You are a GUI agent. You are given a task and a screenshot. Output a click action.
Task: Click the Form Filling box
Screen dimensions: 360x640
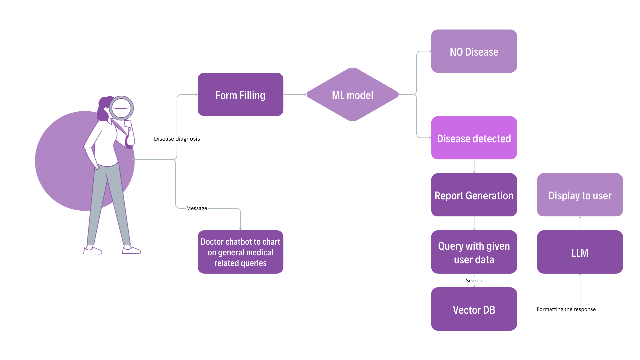[240, 95]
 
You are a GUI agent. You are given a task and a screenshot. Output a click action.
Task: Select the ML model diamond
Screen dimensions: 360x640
[352, 95]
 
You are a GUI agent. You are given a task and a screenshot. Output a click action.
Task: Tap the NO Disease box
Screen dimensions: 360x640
[474, 51]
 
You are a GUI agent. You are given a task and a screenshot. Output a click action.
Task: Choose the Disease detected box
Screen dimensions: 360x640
[474, 138]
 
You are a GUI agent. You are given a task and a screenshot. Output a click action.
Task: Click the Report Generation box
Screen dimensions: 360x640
[474, 195]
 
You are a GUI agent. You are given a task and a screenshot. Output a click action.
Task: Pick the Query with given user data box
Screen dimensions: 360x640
[474, 252]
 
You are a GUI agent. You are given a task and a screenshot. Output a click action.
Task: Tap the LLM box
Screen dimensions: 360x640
[580, 252]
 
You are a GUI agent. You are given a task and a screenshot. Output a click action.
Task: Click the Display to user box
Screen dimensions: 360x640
[580, 195]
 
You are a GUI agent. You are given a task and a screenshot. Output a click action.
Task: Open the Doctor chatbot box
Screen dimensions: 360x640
[240, 252]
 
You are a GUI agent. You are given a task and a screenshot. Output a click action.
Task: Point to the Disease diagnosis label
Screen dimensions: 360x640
[177, 139]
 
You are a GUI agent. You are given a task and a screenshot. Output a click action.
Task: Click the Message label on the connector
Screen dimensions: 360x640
[197, 208]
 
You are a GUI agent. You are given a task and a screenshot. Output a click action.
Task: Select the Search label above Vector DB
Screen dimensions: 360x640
[474, 281]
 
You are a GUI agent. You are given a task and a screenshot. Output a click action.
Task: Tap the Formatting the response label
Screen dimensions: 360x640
[566, 309]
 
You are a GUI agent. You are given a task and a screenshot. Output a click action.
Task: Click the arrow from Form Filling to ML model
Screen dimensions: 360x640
[295, 95]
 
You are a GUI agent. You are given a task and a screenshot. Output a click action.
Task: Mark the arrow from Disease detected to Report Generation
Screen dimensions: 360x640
[474, 166]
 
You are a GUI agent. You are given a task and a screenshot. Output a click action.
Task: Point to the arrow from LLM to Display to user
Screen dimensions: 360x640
[580, 223]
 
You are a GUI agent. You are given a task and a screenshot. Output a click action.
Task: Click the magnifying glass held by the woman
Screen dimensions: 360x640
[121, 108]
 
